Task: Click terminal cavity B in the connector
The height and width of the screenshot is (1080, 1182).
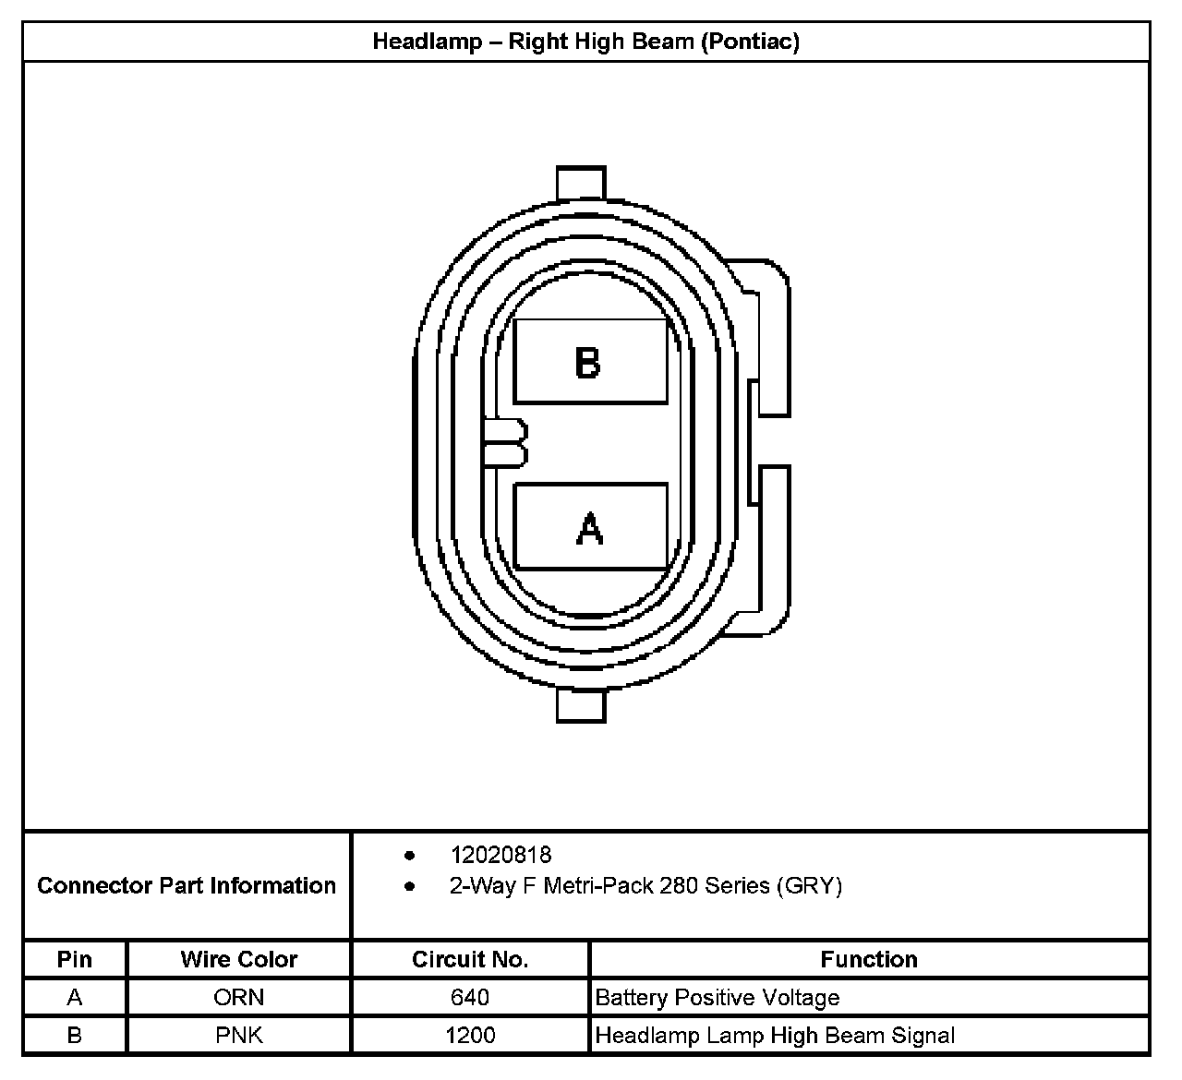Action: (x=590, y=361)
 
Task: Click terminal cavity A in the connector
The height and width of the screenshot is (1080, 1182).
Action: (x=590, y=526)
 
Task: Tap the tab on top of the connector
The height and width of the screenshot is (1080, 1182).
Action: (x=582, y=183)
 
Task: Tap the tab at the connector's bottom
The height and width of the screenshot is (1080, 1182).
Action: (x=582, y=707)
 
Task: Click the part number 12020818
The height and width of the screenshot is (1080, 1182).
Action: (x=501, y=855)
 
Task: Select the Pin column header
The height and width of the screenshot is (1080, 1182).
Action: (x=75, y=959)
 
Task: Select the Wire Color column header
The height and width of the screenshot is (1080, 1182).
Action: (x=239, y=959)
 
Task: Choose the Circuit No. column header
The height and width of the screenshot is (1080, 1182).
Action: (x=470, y=959)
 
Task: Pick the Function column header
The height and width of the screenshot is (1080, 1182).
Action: (x=869, y=959)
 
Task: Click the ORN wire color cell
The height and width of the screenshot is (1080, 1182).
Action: (x=239, y=997)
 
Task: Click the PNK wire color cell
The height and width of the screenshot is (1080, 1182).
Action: (x=239, y=1035)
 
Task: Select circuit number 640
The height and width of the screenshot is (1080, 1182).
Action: (x=470, y=997)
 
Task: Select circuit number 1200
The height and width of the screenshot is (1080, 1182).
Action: (x=470, y=1035)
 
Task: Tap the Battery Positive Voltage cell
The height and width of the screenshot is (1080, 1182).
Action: (x=718, y=997)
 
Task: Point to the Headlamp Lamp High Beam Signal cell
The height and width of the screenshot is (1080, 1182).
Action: (x=775, y=1035)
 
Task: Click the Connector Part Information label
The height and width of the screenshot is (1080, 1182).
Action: (x=187, y=885)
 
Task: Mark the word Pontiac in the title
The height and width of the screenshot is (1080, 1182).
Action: (x=749, y=42)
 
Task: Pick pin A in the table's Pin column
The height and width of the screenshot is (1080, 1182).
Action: (x=75, y=997)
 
